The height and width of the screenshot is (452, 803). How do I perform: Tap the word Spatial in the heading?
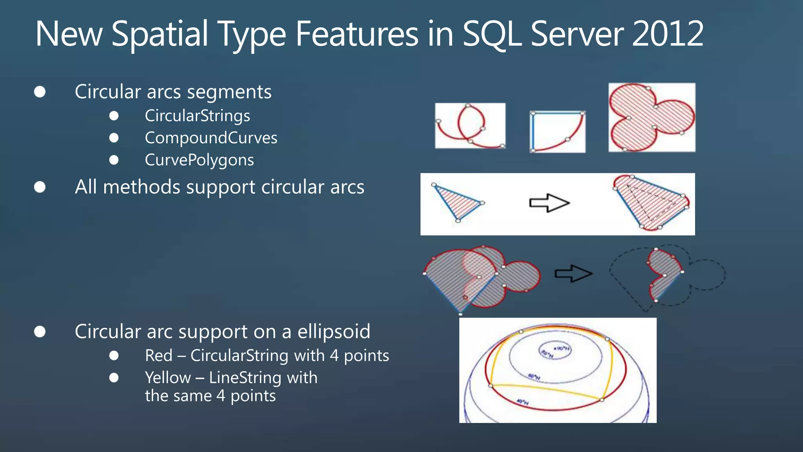coord(160,35)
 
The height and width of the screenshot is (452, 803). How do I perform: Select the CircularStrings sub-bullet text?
coord(197,116)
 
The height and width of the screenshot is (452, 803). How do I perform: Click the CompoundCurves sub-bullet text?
coord(211,138)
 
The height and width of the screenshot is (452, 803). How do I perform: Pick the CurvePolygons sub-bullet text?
coord(199,160)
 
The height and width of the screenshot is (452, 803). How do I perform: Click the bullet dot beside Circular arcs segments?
coord(40,92)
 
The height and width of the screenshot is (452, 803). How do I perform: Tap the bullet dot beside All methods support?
coord(40,187)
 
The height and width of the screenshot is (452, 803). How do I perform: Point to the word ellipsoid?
coord(334,332)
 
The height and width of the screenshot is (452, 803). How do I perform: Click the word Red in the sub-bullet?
coord(158,355)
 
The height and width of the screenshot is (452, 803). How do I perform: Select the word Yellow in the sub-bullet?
coord(168,378)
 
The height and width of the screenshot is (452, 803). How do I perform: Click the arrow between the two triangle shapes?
coord(549,203)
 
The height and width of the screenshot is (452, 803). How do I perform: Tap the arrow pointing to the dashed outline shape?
coord(573,273)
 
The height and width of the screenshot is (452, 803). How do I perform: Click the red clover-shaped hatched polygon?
coord(651,117)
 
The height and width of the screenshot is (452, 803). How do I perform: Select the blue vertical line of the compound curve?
coord(532,132)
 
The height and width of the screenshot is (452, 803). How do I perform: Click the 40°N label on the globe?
coord(522,402)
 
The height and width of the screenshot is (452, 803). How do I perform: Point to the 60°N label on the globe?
coord(534,377)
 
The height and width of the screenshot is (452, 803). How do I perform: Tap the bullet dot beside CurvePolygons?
coord(114,160)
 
